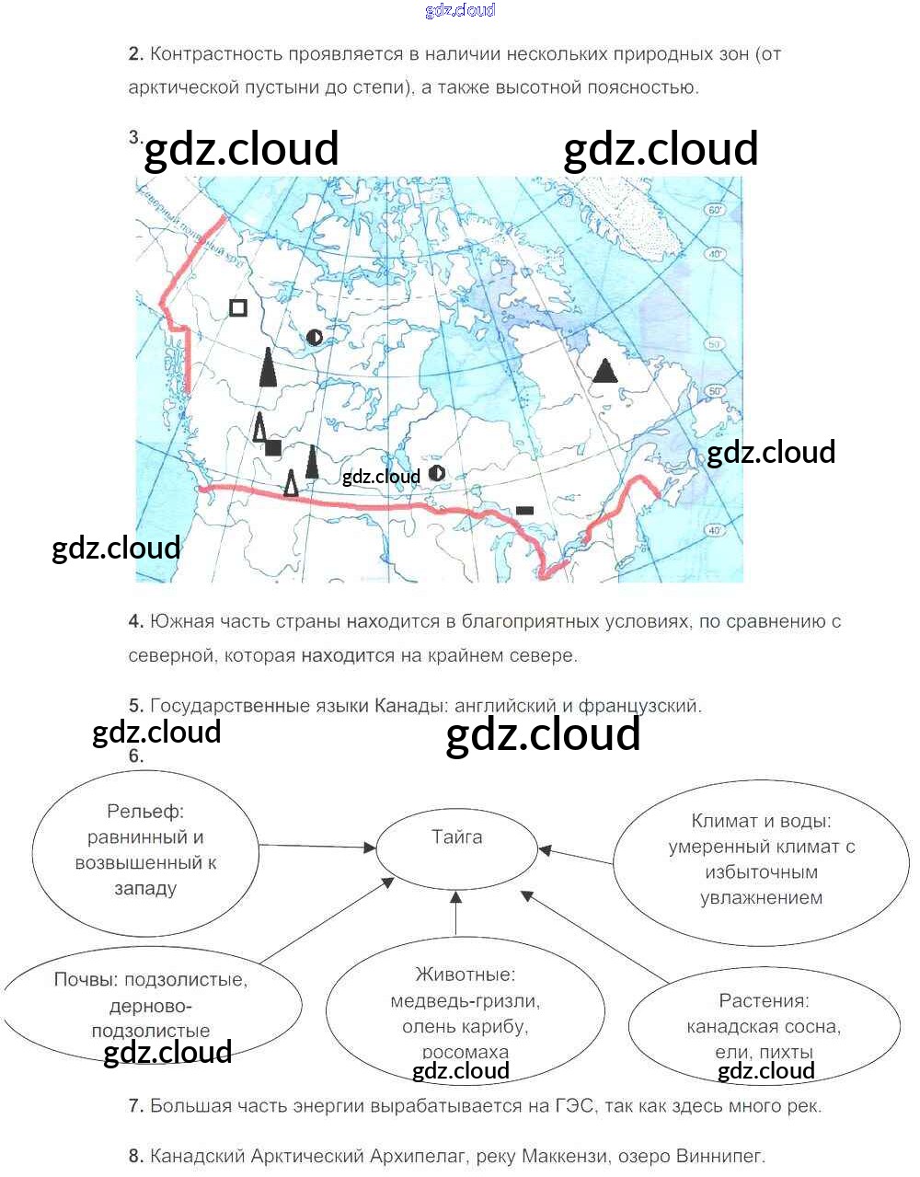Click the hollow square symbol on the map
pyautogui.click(x=238, y=307)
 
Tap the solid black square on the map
pyautogui.click(x=273, y=448)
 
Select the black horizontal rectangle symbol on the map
pyautogui.click(x=524, y=510)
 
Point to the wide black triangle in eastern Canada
pyautogui.click(x=604, y=371)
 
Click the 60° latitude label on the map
pyautogui.click(x=715, y=210)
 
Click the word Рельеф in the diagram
pyautogui.click(x=145, y=812)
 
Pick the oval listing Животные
pyautogui.click(x=465, y=1010)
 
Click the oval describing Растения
pyautogui.click(x=764, y=1024)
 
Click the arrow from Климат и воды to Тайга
pyautogui.click(x=576, y=856)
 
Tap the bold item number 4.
pyautogui.click(x=136, y=622)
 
